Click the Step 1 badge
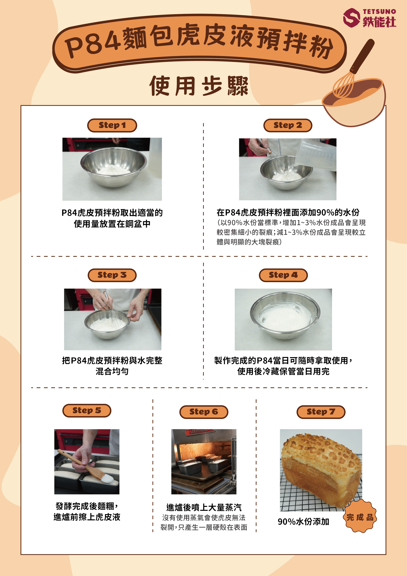[112, 125]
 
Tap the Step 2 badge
[288, 125]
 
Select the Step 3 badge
[112, 275]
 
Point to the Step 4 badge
[283, 275]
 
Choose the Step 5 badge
[87, 410]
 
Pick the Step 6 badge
[204, 412]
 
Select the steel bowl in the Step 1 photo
[114, 167]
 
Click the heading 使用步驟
[199, 86]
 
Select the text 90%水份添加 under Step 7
[303, 521]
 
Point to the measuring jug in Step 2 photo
[316, 155]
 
